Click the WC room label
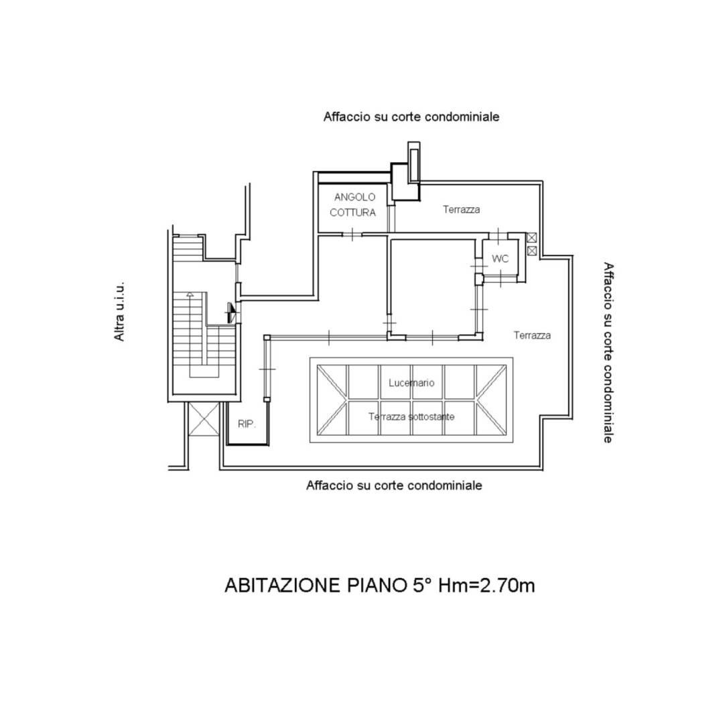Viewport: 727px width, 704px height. [500, 259]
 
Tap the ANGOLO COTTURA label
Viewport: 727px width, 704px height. [353, 204]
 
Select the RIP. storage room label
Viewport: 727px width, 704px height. [247, 424]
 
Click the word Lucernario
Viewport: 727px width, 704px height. [411, 383]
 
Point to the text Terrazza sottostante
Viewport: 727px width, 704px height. [411, 417]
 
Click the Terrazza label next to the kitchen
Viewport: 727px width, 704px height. [462, 210]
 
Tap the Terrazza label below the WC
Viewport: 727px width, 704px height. [532, 335]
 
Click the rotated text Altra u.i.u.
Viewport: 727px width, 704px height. [120, 311]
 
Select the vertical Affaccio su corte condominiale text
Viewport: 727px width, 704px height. [608, 353]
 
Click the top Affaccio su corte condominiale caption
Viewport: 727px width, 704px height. [411, 116]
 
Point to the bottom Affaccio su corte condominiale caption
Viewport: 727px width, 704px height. [394, 485]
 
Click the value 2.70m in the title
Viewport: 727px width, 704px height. [507, 585]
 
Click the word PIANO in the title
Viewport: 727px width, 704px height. [377, 585]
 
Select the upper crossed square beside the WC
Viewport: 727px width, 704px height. [532, 237]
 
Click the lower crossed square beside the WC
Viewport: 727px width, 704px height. [532, 251]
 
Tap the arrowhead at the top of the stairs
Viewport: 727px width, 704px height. [190, 294]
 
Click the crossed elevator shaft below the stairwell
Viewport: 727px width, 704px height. [204, 419]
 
